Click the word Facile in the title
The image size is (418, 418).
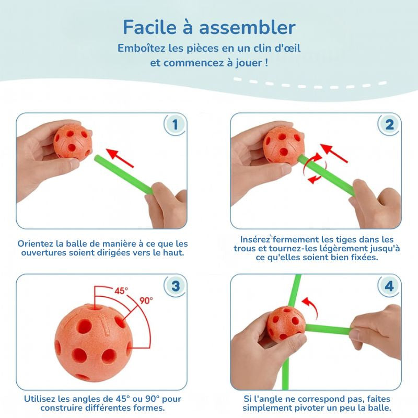(x=150, y=27)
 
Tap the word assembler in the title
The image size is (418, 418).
(x=247, y=27)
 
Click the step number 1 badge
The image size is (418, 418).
(x=175, y=124)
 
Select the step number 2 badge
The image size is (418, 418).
(x=389, y=124)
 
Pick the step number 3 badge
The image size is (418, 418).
(x=175, y=286)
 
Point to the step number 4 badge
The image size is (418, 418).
(x=389, y=286)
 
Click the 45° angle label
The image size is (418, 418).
(x=121, y=291)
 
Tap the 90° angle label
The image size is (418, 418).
(x=146, y=301)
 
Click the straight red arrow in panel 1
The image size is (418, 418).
(x=120, y=158)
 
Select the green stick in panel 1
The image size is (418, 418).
(x=123, y=174)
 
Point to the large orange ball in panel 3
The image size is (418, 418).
(x=94, y=343)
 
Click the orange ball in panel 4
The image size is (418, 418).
(x=286, y=324)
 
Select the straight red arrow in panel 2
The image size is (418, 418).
(x=334, y=153)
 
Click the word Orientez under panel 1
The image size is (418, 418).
(x=36, y=243)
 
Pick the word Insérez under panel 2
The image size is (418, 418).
(x=256, y=239)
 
